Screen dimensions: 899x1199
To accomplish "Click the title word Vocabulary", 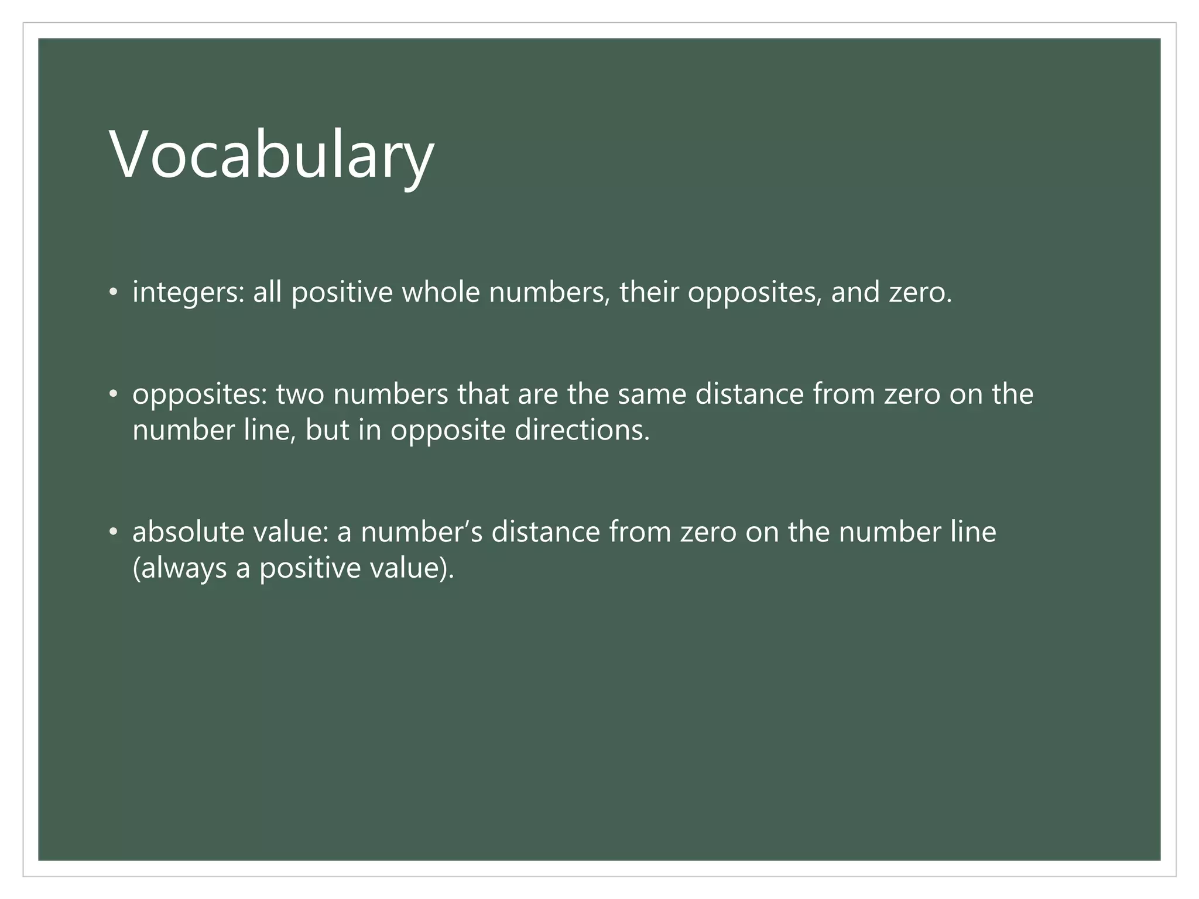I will (x=272, y=156).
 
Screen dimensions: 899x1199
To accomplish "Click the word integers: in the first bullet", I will (x=188, y=293).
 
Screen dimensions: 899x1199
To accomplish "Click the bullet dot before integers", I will (x=114, y=293).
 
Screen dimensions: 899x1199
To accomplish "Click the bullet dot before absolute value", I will (x=114, y=533).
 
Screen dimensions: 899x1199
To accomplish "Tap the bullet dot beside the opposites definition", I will (x=114, y=394).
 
